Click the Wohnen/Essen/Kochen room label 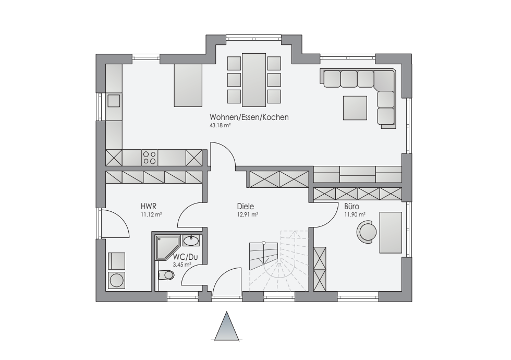coord(249,117)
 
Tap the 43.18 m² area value coord(220,125)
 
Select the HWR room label coord(149,207)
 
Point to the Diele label coord(246,207)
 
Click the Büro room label coord(351,207)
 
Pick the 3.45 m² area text coord(182,265)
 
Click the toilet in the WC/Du coord(166,275)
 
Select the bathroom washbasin coord(191,241)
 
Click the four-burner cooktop coord(150,158)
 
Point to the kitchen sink coord(114,100)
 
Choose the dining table coord(254,79)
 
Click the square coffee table coord(355,108)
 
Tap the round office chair coord(367,232)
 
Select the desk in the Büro coord(391,233)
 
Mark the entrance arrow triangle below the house coord(226,326)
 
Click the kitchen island coord(188,85)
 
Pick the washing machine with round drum coord(116,280)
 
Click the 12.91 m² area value coord(247,214)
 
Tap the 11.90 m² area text coord(355,214)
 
